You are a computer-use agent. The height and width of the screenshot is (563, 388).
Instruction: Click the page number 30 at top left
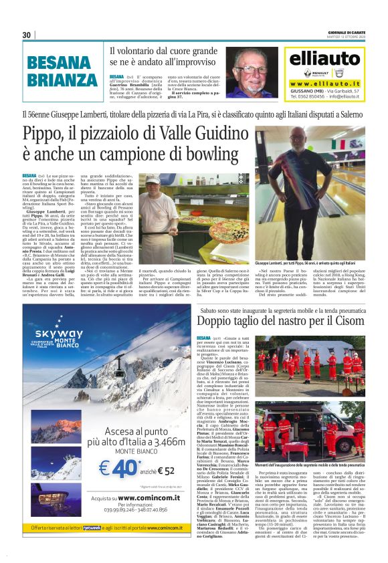pos(27,35)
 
